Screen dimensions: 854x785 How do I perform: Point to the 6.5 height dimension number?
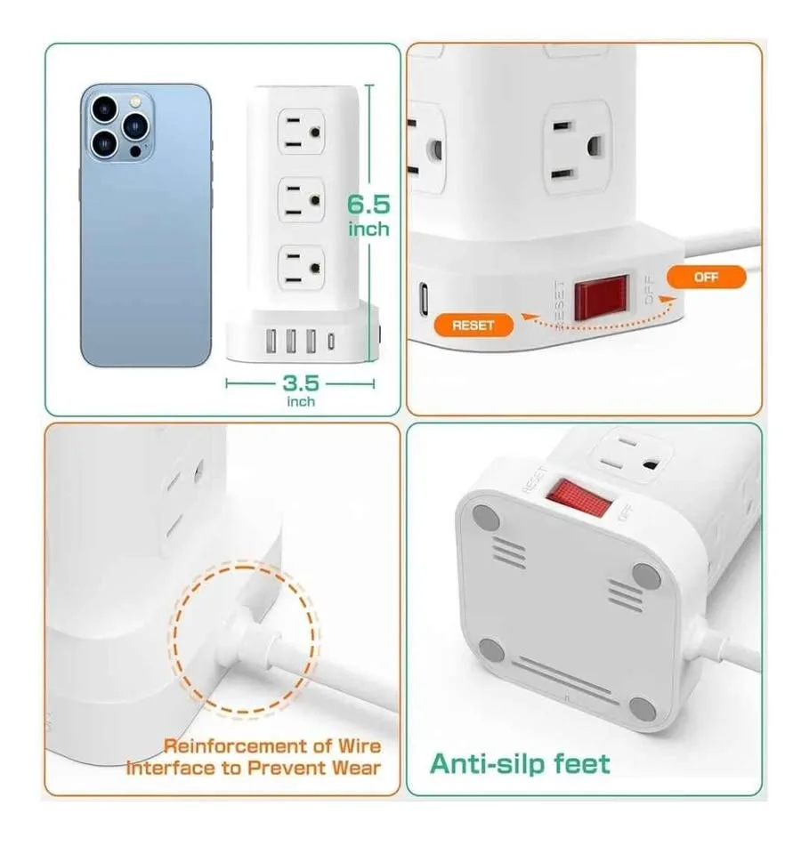368,205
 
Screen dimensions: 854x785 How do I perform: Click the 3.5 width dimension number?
301,383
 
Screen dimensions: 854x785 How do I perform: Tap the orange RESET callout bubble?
473,325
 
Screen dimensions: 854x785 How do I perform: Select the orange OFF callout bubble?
706,277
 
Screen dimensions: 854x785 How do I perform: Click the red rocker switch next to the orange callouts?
602,299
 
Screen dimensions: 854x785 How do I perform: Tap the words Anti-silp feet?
521,763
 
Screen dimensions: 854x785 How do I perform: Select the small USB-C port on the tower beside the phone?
332,341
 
